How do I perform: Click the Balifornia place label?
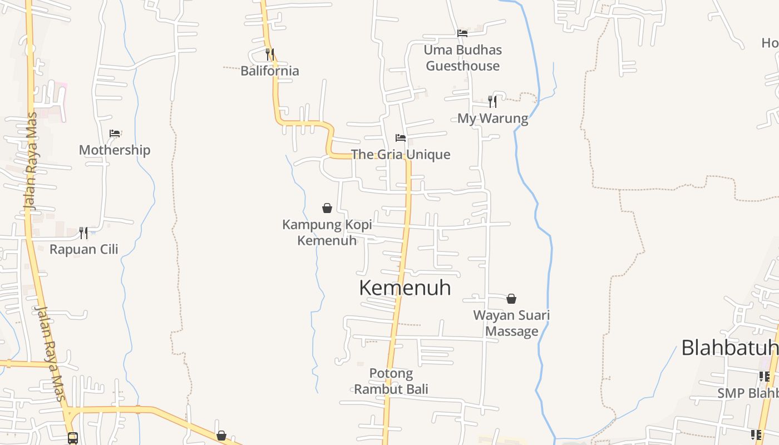click(x=270, y=71)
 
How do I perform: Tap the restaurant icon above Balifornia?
click(x=270, y=55)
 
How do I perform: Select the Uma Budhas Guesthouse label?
click(x=462, y=58)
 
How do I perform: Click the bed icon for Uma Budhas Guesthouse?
click(x=462, y=33)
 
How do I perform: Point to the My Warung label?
click(x=492, y=118)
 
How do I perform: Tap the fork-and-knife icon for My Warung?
click(x=492, y=101)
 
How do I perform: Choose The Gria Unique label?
click(x=401, y=154)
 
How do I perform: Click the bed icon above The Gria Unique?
click(x=401, y=138)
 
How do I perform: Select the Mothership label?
click(x=115, y=150)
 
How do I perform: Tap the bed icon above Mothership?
click(x=115, y=133)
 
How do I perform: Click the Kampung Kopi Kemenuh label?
click(x=327, y=233)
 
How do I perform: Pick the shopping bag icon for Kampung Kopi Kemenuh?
click(x=327, y=208)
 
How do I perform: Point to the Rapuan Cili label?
click(x=84, y=249)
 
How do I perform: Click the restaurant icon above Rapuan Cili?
click(x=83, y=233)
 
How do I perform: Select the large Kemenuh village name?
click(x=405, y=288)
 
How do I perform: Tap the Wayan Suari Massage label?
click(x=511, y=323)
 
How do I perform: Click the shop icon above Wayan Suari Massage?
click(x=511, y=299)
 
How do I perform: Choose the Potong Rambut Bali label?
click(x=391, y=381)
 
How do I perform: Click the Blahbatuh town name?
click(x=729, y=348)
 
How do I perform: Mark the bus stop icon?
click(x=73, y=438)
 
